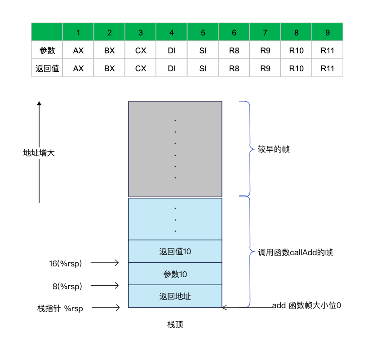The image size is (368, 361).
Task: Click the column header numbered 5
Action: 203,33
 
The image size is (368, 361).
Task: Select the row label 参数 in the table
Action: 47,51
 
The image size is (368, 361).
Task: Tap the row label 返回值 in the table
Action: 47,69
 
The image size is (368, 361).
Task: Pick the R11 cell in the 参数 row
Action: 327,51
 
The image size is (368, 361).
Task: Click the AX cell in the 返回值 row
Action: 78,69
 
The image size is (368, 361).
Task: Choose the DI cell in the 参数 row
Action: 172,51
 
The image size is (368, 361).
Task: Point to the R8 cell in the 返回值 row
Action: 234,69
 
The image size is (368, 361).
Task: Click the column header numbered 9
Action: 327,33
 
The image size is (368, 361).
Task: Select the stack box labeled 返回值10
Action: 175,252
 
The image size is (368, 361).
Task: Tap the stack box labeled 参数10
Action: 175,274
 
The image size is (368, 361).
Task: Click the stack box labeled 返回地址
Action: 175,296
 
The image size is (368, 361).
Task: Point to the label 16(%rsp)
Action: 66,263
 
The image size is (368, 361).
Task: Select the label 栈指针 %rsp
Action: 60,308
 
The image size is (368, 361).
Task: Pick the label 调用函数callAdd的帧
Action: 295,252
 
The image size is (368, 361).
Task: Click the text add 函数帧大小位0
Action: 306,306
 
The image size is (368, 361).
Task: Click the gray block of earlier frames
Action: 175,149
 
